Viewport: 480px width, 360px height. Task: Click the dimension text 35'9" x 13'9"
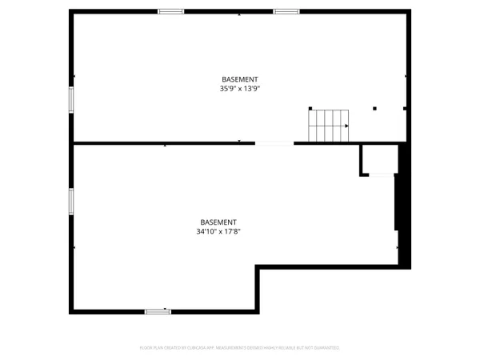coord(240,89)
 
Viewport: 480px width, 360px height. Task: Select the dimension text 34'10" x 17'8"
coord(218,232)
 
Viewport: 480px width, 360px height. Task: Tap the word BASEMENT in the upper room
coord(240,79)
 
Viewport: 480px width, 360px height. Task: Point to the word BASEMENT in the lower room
coord(218,222)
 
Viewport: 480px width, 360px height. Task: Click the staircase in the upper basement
coord(329,126)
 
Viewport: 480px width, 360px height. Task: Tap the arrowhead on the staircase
coord(346,126)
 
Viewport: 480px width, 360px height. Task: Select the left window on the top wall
coord(170,11)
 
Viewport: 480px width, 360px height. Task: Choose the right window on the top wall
coord(286,11)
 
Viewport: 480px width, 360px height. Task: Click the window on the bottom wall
coord(158,310)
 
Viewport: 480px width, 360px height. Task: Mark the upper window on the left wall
coord(71,99)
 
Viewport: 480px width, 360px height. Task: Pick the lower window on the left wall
coord(71,201)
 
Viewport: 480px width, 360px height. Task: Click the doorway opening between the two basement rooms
coord(274,143)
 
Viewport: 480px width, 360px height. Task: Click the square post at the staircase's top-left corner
coord(310,109)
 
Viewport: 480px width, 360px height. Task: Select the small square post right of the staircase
coord(375,108)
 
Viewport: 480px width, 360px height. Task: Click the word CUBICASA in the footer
coord(198,348)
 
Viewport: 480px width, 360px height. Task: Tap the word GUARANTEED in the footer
coord(325,348)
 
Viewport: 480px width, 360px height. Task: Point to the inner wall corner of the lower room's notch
coord(258,269)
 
